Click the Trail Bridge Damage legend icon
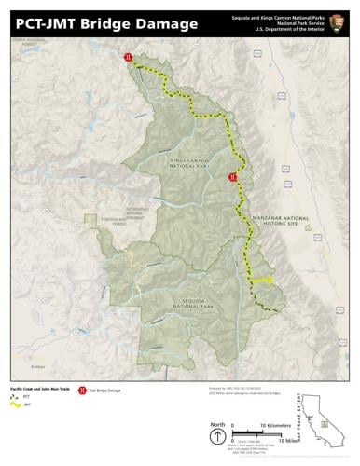point(83,391)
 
